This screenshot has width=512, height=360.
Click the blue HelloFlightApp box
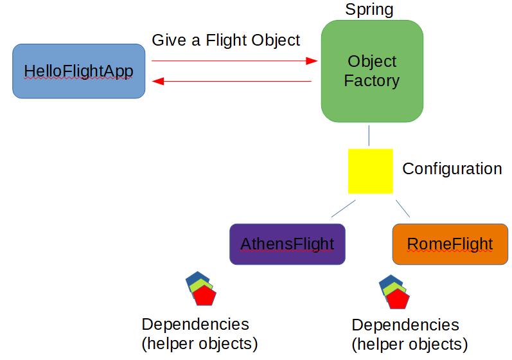(79, 71)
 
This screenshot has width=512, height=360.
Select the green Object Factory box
(372, 71)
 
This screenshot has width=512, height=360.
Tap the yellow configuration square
(370, 171)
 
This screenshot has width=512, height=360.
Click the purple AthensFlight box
(287, 244)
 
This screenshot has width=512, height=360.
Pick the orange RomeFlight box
(450, 244)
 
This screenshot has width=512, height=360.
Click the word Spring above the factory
(369, 10)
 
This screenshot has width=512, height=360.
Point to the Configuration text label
(452, 169)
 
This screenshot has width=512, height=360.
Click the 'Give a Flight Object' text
(225, 40)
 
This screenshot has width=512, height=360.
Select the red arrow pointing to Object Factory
(234, 61)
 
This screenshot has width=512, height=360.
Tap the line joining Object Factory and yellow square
(369, 137)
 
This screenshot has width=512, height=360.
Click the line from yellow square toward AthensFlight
(343, 208)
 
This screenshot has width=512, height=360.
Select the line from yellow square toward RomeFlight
(403, 208)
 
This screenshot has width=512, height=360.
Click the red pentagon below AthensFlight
(205, 296)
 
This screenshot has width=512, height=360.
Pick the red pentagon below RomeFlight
(398, 300)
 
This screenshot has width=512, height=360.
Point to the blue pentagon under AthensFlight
(193, 279)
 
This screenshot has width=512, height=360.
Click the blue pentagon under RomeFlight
(387, 282)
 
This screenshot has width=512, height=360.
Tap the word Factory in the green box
(372, 81)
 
